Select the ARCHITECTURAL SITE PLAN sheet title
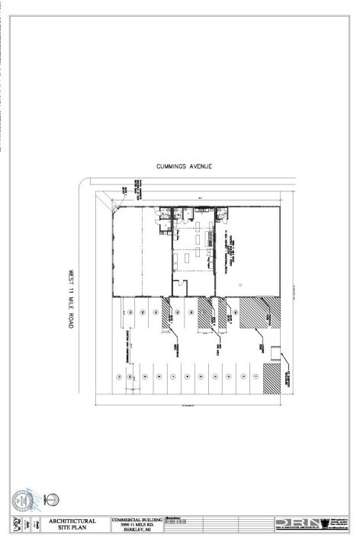(x=79, y=525)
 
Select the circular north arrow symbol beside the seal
(x=53, y=501)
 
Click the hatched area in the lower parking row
(x=272, y=377)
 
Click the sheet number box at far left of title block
(x=15, y=525)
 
